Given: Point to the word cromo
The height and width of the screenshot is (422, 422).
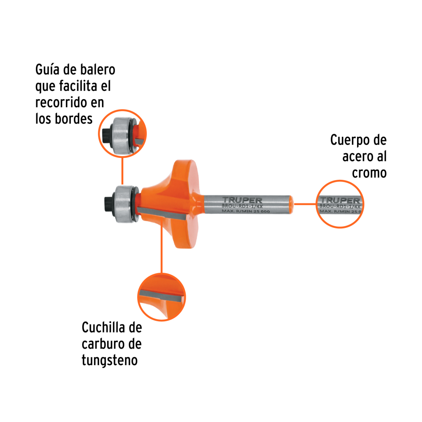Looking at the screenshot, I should pyautogui.click(x=369, y=173).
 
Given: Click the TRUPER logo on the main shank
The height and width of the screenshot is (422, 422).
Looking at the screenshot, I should pyautogui.click(x=242, y=200).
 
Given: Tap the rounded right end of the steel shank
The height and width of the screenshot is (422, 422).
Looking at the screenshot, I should pyautogui.click(x=291, y=203).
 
